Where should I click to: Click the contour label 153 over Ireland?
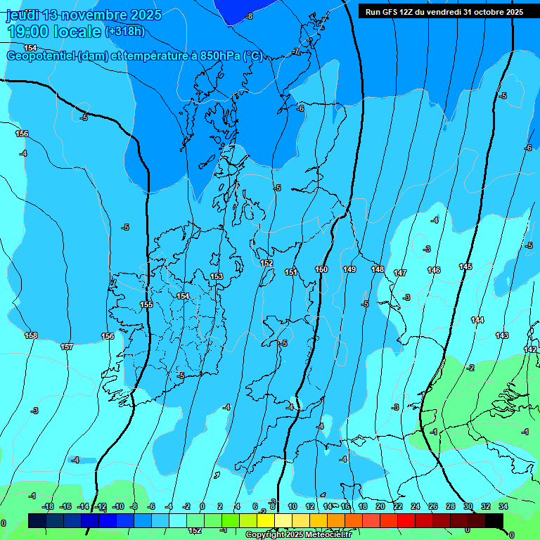coord(217,276)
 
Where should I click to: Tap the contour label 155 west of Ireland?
coord(146,304)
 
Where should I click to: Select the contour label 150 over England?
coord(321,269)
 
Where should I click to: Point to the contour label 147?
coord(400,273)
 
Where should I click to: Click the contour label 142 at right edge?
coord(530,349)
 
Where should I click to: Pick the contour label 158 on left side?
coord(31,335)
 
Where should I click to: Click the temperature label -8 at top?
coord(249,15)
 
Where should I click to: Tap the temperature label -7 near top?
coord(297,52)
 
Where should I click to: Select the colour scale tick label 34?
coord(503,506)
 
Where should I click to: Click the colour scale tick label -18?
coord(48,506)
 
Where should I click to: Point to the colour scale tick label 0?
coord(202,506)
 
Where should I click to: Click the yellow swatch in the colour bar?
coord(266,520)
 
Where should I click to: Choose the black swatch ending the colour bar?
coord(494,520)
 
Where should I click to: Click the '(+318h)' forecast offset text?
coord(125,32)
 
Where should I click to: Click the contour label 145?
coord(465,266)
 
